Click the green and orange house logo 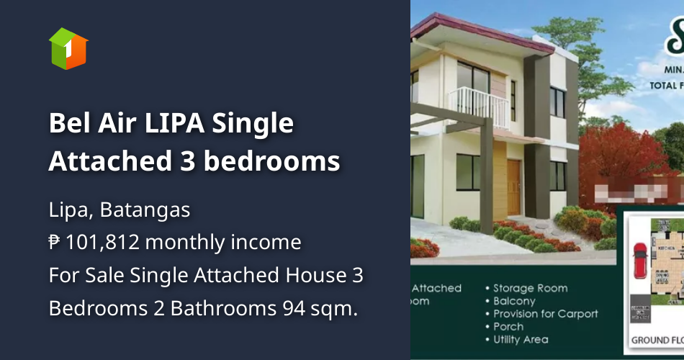68,48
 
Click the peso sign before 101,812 55,243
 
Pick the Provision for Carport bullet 545,314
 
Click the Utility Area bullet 521,339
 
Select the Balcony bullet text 514,301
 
